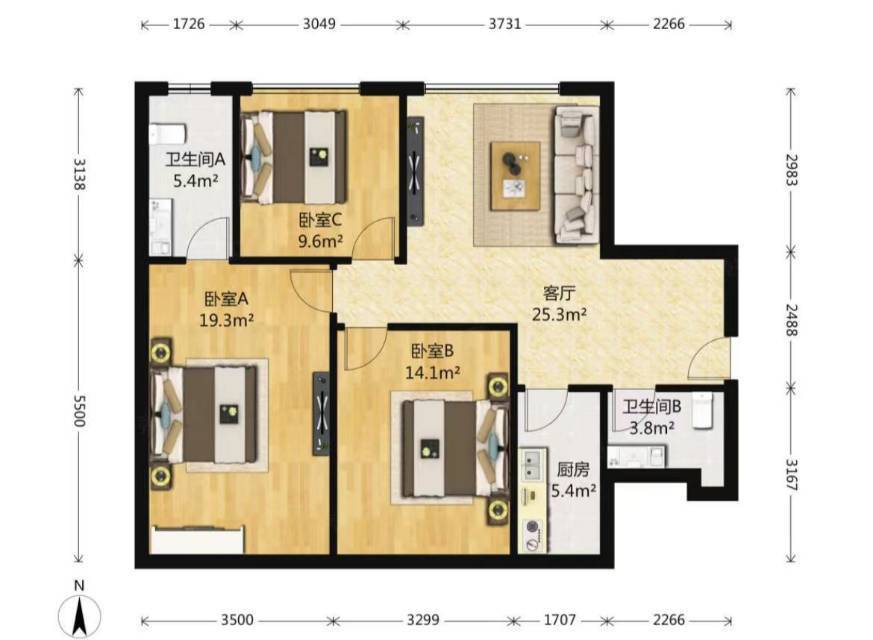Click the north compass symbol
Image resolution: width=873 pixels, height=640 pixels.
[x=80, y=611]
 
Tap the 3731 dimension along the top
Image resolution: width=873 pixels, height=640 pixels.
[x=504, y=24]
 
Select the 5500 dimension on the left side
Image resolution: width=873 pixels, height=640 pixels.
[x=80, y=411]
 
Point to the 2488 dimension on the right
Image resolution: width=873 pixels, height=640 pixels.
[x=791, y=320]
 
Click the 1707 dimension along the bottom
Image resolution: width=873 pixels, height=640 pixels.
[x=559, y=619]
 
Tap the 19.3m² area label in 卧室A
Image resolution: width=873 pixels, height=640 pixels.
[x=227, y=321]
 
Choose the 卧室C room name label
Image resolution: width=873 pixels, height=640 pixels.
[x=320, y=220]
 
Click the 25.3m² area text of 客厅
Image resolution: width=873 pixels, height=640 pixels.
[x=559, y=315]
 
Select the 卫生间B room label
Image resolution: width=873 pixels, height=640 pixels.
[x=651, y=407]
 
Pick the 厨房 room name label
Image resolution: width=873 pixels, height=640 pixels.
[x=573, y=470]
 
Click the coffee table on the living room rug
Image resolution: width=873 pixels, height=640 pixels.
[x=515, y=176]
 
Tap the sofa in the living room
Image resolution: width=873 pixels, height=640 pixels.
[x=576, y=175]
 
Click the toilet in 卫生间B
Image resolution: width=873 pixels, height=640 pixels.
[x=703, y=411]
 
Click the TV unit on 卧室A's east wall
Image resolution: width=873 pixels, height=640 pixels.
[x=321, y=414]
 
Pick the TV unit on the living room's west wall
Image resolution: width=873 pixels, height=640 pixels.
[x=415, y=171]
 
